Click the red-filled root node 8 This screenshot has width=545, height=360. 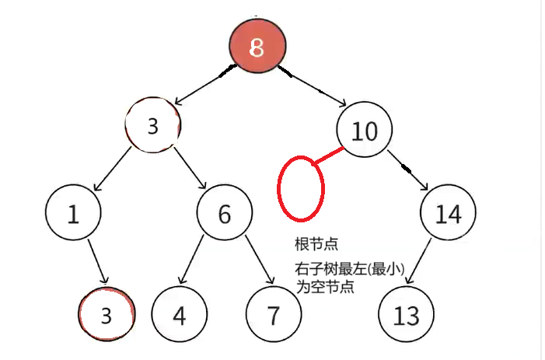(257, 47)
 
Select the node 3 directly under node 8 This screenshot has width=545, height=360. (153, 125)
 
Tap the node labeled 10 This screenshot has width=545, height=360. (365, 130)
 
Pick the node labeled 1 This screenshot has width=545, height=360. (73, 213)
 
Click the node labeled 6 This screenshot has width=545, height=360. (225, 213)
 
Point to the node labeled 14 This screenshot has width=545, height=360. (448, 213)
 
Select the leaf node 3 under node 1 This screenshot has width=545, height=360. (107, 315)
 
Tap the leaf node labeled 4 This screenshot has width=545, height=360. (179, 315)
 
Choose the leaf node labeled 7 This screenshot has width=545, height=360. (273, 315)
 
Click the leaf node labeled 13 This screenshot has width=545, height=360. (407, 315)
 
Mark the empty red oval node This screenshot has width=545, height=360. (300, 187)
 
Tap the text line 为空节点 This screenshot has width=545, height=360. (325, 286)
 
